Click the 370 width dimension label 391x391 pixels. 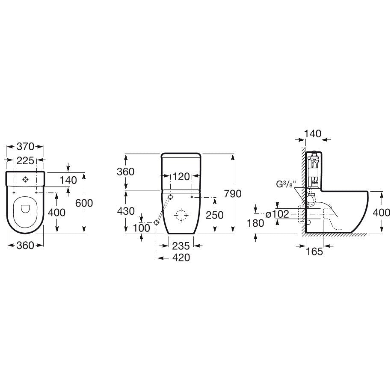click(25, 146)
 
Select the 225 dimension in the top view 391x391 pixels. click(25, 160)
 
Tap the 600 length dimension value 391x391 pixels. click(84, 203)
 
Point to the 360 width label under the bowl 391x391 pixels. click(25, 246)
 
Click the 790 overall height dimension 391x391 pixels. click(233, 193)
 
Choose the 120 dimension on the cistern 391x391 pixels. click(181, 177)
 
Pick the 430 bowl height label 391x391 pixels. click(126, 211)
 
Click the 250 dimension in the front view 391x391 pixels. click(214, 215)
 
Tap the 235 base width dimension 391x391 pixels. click(181, 246)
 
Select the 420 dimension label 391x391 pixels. click(181, 258)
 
